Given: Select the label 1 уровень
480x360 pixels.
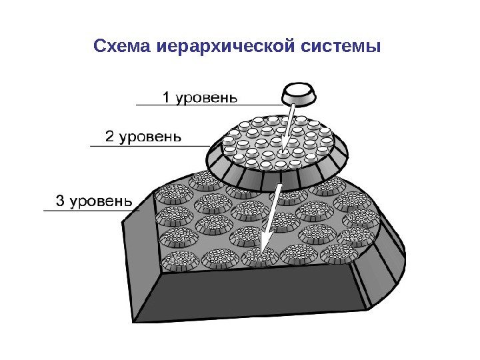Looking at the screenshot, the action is click(200, 98).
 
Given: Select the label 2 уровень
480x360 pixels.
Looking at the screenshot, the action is click(143, 137).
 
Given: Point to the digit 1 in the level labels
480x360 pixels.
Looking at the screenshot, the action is click(167, 98).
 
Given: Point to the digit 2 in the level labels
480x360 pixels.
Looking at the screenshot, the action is click(111, 137).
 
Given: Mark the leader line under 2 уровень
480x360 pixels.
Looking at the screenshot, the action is click(153, 145).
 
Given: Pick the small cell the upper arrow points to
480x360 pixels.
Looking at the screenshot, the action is click(282, 155).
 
